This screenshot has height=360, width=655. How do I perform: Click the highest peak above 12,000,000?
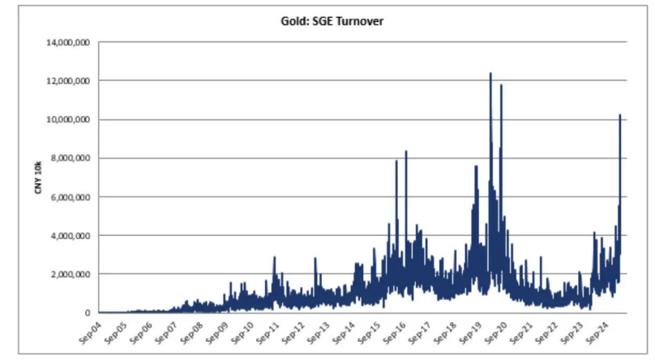pos(490,74)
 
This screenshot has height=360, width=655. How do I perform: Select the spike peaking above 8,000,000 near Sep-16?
pos(405,152)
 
